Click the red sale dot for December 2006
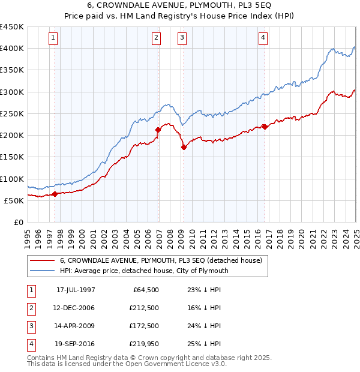coord(158,130)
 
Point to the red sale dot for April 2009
coord(184,147)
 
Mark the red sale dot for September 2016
coord(265,127)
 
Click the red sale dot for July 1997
coord(55,194)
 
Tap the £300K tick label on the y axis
coord(12,92)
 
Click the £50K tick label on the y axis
coord(14,200)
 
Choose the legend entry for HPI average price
coord(144,271)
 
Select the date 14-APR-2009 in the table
coord(75,326)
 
